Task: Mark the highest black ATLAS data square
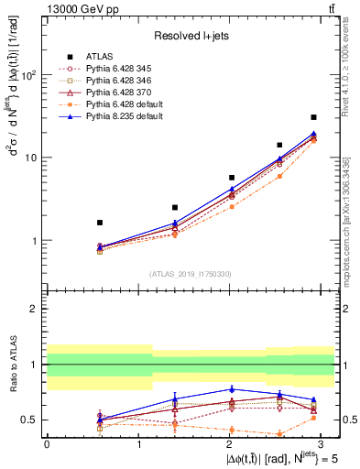coord(313,117)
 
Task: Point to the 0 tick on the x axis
coord(47,442)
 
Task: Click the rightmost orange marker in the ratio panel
coord(313,418)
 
